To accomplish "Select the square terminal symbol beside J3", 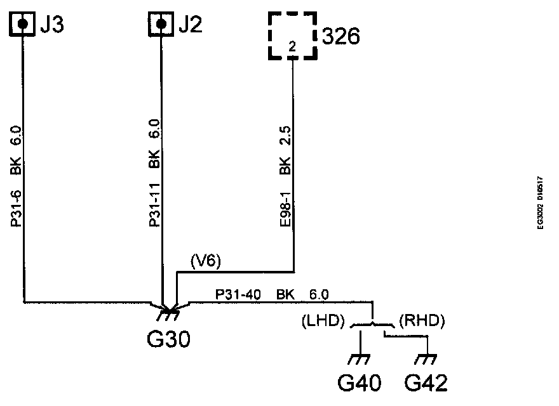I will (23, 24).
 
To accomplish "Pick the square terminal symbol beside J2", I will (161, 24).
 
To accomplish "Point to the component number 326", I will (341, 36).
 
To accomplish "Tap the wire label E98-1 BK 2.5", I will (285, 177).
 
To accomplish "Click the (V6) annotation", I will (205, 260).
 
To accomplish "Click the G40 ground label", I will (360, 384).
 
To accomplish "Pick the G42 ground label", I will (426, 384).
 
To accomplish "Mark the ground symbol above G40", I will (361, 360).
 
